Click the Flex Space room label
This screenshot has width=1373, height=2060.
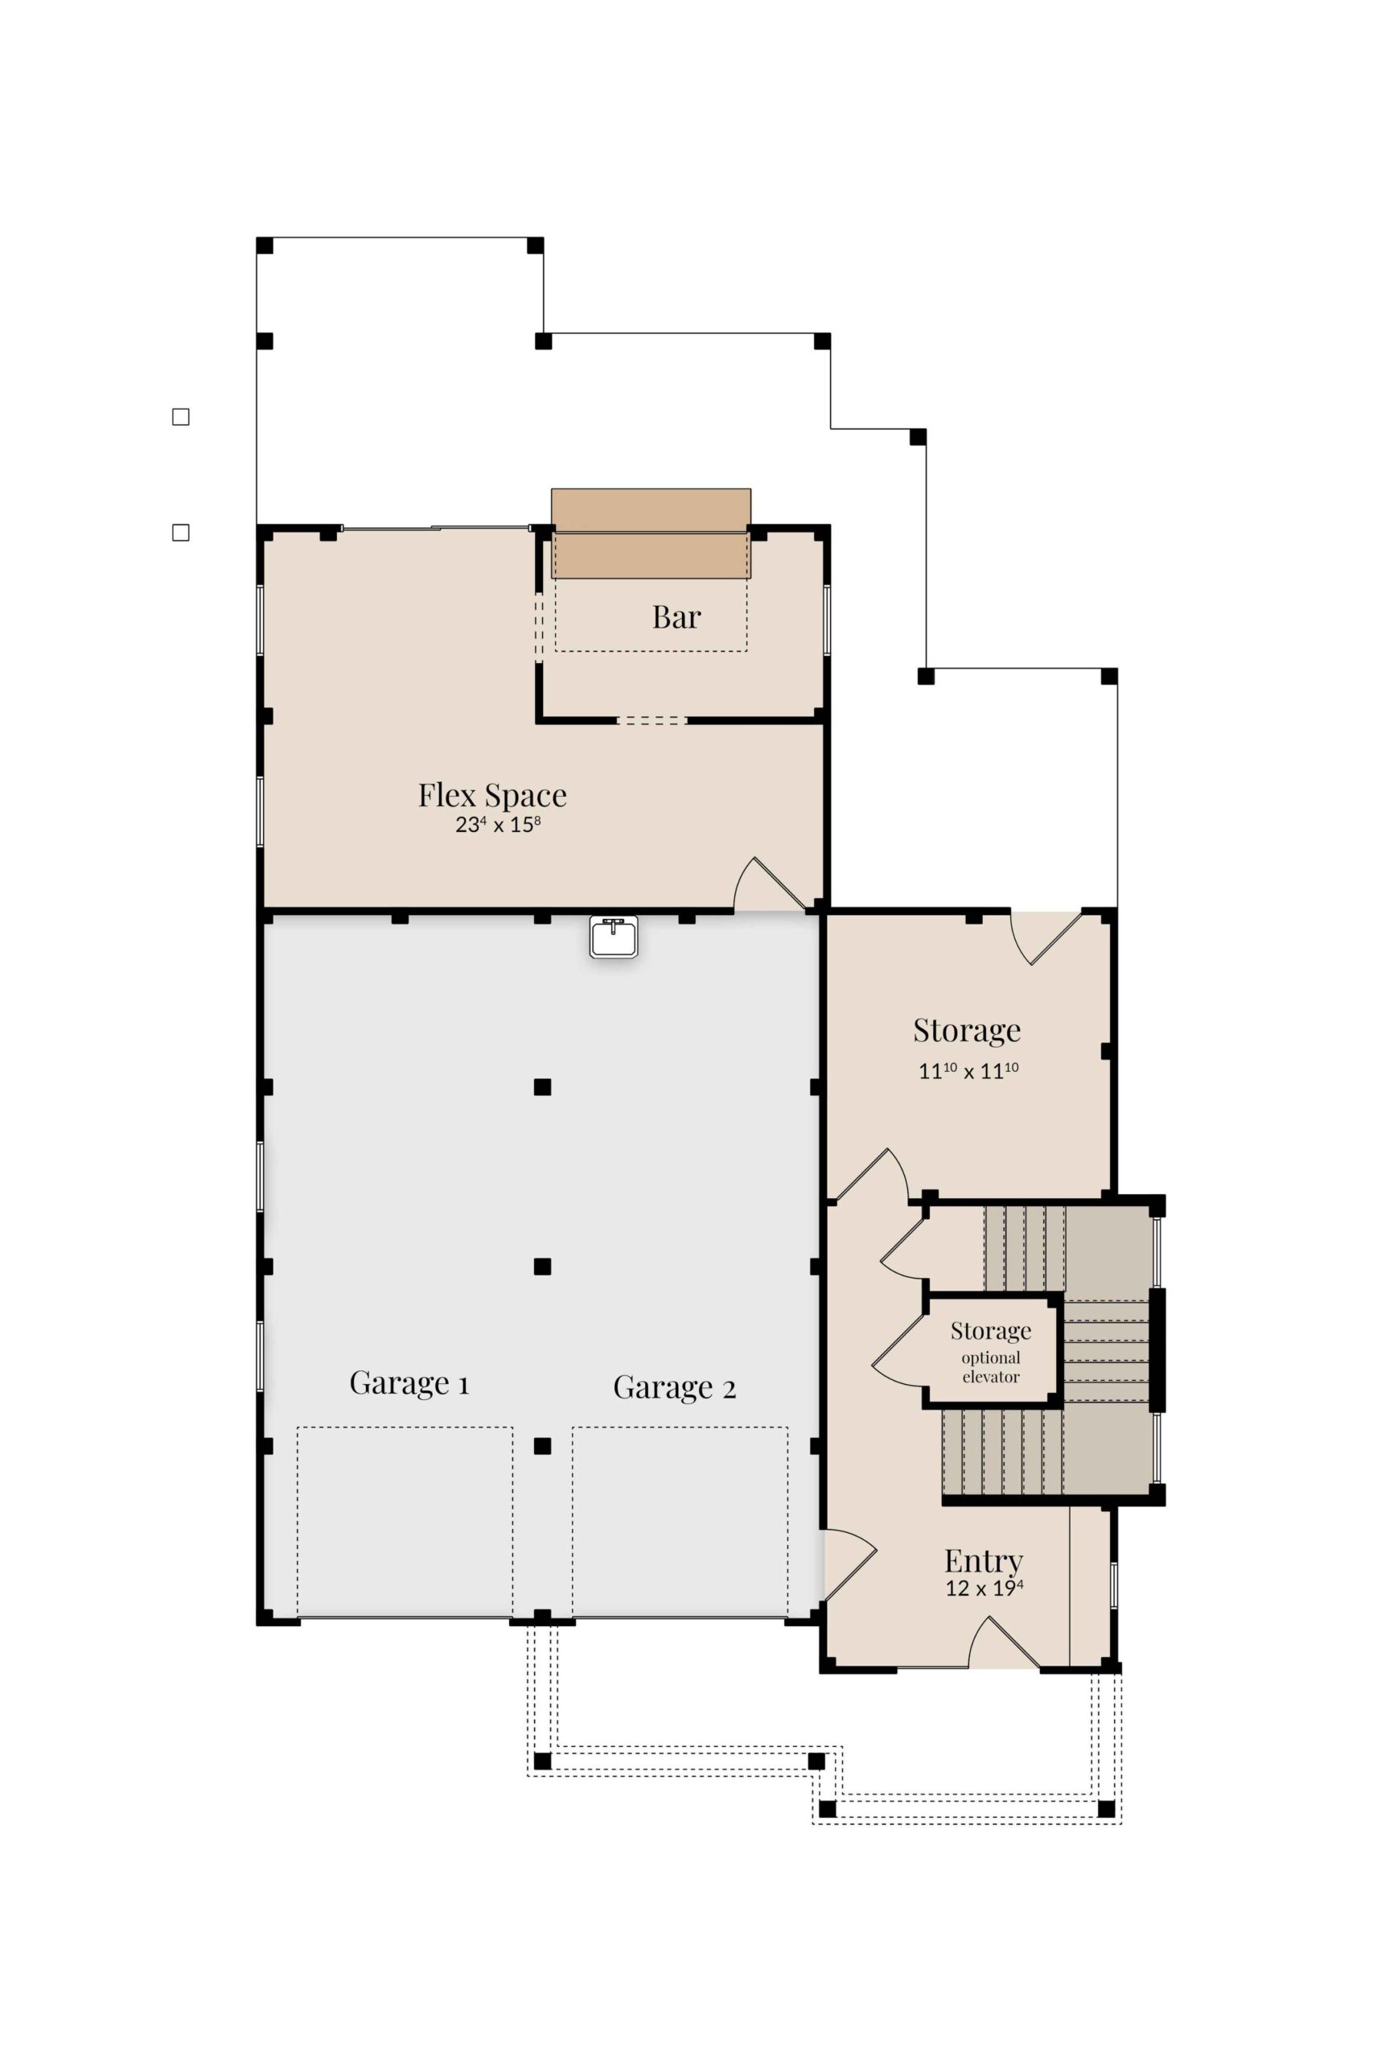point(492,795)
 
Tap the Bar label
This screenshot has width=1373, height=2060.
point(676,617)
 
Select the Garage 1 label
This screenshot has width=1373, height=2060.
point(409,1383)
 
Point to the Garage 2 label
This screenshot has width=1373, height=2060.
point(674,1387)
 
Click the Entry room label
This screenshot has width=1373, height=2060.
point(984,1561)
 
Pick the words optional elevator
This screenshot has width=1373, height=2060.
point(991,1367)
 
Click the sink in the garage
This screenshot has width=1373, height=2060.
point(614,937)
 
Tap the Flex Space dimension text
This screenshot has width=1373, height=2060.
point(497,825)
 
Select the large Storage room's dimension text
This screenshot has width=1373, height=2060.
point(968,1070)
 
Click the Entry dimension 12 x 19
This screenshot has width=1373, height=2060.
point(985,1588)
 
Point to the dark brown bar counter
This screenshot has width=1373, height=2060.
point(651,534)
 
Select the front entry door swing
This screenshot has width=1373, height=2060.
point(1004,1642)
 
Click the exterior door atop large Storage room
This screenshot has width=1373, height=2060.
point(1046,938)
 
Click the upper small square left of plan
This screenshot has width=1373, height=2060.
point(180,417)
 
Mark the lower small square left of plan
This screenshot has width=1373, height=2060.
point(180,533)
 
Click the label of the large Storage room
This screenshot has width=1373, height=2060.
point(967,1030)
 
